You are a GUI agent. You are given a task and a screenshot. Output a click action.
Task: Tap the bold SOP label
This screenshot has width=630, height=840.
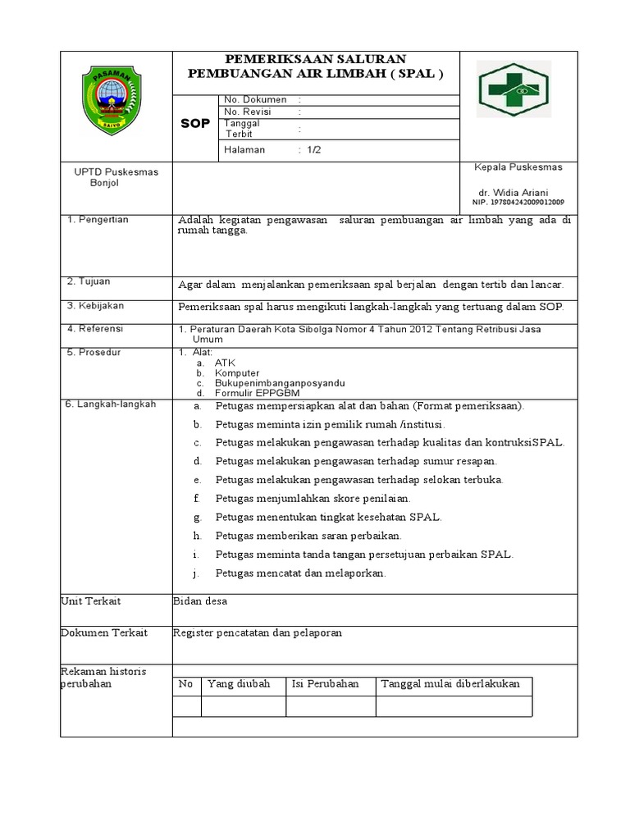(x=196, y=124)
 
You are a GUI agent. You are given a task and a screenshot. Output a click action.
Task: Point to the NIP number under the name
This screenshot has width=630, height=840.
(x=518, y=203)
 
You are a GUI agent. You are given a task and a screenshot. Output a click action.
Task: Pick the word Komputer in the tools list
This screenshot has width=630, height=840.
(x=236, y=372)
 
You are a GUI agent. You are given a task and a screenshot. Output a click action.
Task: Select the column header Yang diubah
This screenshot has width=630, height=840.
(x=239, y=684)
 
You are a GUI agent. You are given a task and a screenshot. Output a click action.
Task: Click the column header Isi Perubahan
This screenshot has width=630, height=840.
(x=325, y=684)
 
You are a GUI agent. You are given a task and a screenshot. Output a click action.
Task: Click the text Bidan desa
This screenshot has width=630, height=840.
(x=200, y=601)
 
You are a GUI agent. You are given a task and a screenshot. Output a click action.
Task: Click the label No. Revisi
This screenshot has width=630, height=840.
(x=247, y=112)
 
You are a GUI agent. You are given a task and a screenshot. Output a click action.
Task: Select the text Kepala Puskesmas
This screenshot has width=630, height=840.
(x=518, y=167)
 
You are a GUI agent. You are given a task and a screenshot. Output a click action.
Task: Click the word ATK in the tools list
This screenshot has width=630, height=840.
(x=224, y=362)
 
